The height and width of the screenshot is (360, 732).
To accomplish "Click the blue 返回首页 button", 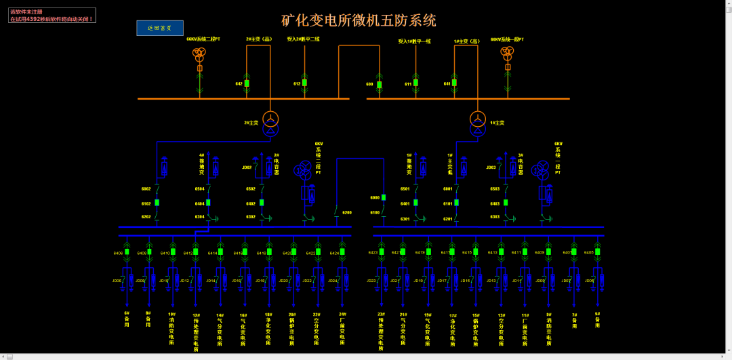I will (x=160, y=28).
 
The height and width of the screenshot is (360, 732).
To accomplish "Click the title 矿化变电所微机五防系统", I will (x=359, y=20).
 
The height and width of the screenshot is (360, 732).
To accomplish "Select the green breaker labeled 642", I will (x=247, y=83).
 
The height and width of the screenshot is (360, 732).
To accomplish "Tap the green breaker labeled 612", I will (x=304, y=83).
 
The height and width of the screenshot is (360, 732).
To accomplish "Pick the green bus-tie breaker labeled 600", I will (x=379, y=85).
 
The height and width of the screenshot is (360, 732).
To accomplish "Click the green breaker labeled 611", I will (x=415, y=83).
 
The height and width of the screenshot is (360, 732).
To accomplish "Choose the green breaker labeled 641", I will (x=455, y=83).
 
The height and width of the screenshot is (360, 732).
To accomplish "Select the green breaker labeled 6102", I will (x=157, y=203).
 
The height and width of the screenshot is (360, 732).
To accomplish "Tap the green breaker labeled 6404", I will (x=208, y=203).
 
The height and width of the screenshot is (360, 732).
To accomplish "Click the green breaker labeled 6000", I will (x=384, y=197).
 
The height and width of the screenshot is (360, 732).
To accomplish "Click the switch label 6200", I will (x=347, y=213).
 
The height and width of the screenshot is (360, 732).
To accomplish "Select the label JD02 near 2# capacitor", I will (x=247, y=167).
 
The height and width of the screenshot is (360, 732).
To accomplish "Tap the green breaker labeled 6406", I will (x=126, y=252).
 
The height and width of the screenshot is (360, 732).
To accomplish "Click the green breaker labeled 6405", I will (x=598, y=252).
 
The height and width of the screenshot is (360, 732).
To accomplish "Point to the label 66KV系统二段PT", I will (x=203, y=39).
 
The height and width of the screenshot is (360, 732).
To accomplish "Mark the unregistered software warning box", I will (x=52, y=16).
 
